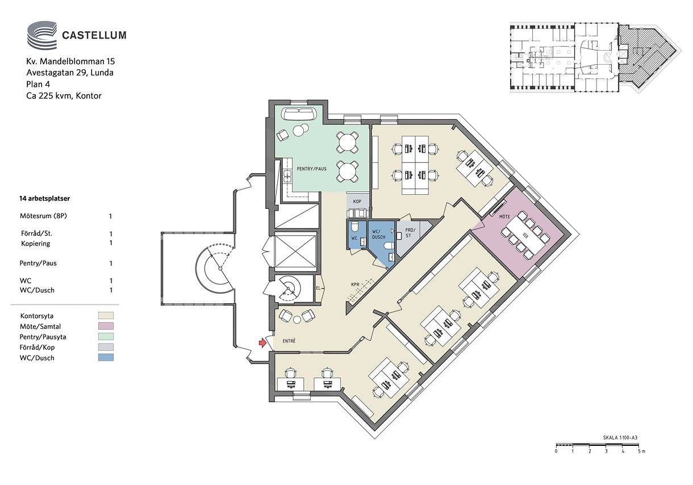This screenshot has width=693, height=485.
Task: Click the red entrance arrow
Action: (x=262, y=342)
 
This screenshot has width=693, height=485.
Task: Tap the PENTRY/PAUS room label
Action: (x=311, y=169)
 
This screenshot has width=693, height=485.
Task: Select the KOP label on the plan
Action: (x=357, y=202)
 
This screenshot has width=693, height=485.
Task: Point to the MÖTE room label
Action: (x=504, y=217)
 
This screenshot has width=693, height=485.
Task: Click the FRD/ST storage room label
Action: (x=410, y=233)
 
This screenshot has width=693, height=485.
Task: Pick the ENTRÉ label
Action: (x=289, y=341)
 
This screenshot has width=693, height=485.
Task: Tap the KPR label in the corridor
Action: (x=355, y=285)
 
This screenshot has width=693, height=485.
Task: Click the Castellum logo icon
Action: (x=42, y=35)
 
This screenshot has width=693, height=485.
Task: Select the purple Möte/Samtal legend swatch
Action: (x=106, y=326)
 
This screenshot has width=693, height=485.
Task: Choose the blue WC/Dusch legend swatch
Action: (x=106, y=357)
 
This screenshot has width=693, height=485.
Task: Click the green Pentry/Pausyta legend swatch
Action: (x=106, y=336)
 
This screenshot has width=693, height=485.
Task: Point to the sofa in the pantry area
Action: (x=299, y=114)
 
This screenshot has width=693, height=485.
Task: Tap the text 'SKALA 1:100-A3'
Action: (x=620, y=438)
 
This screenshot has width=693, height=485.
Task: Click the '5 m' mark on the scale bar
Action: (x=641, y=451)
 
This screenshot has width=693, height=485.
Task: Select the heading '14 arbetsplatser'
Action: (x=44, y=199)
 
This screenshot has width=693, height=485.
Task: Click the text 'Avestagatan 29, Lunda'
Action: (x=70, y=73)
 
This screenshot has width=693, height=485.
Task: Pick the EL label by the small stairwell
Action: (x=319, y=288)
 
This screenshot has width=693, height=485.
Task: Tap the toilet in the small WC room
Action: (x=355, y=227)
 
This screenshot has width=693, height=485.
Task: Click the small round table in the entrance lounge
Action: (x=297, y=320)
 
